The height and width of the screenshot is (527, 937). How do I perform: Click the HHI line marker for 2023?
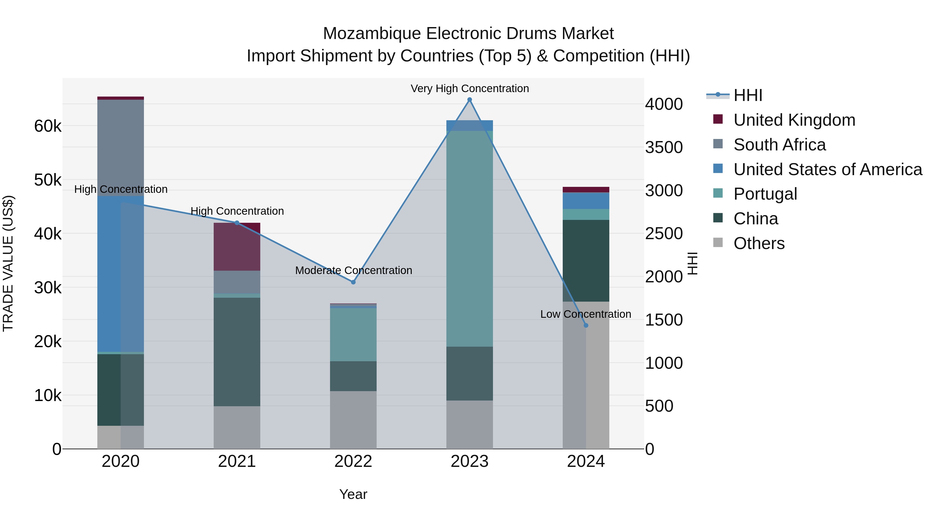click(469, 100)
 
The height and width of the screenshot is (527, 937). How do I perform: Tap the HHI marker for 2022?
click(353, 282)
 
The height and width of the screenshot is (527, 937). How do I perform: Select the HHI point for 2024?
click(586, 326)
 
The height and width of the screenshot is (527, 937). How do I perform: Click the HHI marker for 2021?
click(237, 223)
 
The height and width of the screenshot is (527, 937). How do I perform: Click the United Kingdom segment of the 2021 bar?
click(237, 247)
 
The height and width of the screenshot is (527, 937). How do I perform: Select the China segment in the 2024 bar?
click(586, 261)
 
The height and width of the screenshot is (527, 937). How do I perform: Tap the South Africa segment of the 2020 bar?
click(121, 147)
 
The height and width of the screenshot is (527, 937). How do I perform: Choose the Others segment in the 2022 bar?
click(353, 420)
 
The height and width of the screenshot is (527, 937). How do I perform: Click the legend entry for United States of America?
click(827, 169)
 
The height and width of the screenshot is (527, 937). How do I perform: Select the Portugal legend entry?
click(765, 194)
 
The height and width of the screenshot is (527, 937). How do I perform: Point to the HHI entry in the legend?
click(748, 95)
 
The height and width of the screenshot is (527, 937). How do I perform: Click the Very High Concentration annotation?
click(469, 88)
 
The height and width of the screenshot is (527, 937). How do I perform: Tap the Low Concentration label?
click(585, 314)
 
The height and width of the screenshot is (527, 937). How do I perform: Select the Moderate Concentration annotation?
click(353, 271)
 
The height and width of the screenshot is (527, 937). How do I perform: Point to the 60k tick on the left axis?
click(48, 126)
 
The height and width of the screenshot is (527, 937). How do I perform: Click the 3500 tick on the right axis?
click(663, 147)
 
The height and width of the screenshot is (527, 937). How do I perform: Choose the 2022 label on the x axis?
click(353, 461)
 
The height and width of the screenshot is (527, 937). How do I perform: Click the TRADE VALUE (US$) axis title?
click(8, 263)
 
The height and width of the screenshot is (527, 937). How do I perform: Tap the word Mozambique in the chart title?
click(372, 34)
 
